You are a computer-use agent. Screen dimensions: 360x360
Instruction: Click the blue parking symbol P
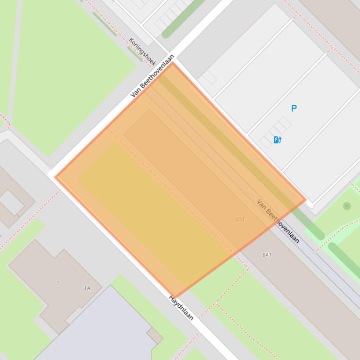294,108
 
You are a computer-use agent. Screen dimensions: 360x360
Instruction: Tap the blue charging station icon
277,139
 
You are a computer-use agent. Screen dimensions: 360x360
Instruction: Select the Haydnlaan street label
181,308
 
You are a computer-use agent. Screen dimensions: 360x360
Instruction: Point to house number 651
240,219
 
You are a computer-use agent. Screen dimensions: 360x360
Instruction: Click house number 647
267,255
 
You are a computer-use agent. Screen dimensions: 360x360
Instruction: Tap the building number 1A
87,288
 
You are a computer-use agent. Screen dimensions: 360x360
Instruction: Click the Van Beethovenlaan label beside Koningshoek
153,76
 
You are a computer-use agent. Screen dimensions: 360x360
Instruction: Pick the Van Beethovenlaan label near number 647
278,221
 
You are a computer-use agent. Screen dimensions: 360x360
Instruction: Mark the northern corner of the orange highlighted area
173,63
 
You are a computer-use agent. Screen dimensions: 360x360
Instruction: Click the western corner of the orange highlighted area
55,177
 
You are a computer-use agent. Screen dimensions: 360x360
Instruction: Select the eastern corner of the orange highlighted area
306,200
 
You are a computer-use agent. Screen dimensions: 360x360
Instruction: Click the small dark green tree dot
347,206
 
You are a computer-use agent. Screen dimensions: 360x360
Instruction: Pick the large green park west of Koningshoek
70,70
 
